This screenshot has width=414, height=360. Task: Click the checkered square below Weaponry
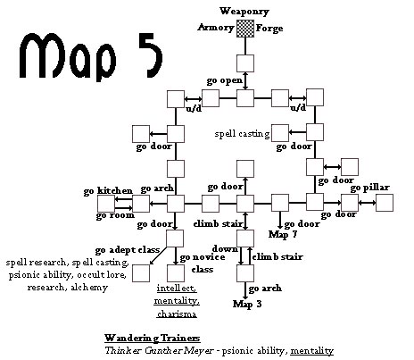(245, 29)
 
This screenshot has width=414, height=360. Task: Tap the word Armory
(216, 28)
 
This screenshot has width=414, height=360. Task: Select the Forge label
(269, 29)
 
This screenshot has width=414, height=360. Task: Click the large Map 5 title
(91, 56)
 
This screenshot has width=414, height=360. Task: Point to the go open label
(225, 80)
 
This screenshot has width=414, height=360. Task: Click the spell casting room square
(280, 133)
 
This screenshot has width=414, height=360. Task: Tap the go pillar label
(369, 188)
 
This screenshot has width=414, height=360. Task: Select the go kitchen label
(108, 191)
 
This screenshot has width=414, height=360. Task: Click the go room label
(115, 215)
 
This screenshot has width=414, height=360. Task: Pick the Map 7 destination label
(283, 234)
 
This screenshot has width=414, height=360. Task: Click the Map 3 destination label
(247, 304)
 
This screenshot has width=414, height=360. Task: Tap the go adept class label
(128, 250)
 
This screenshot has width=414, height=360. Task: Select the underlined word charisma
(177, 314)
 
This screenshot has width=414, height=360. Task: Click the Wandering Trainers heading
(152, 338)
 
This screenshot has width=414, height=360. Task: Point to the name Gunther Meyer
(179, 350)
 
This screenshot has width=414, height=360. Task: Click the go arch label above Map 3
(265, 289)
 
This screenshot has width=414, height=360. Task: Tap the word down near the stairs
(225, 249)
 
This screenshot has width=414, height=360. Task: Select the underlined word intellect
(177, 289)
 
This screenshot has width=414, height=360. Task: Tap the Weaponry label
(244, 12)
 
